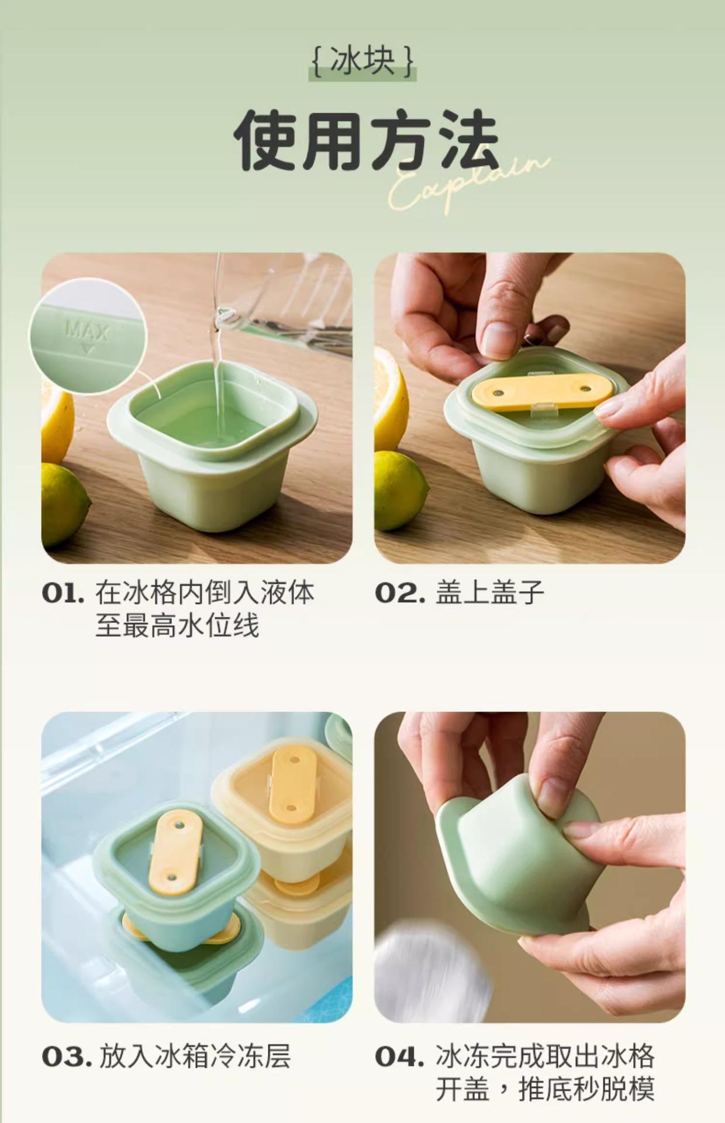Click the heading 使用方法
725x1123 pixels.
tap(367, 140)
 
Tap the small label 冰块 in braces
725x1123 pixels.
tap(362, 60)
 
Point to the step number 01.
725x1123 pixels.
tap(63, 593)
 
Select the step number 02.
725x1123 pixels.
tap(400, 593)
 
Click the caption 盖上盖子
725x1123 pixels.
tap(490, 592)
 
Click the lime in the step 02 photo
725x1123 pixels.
tap(399, 491)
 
